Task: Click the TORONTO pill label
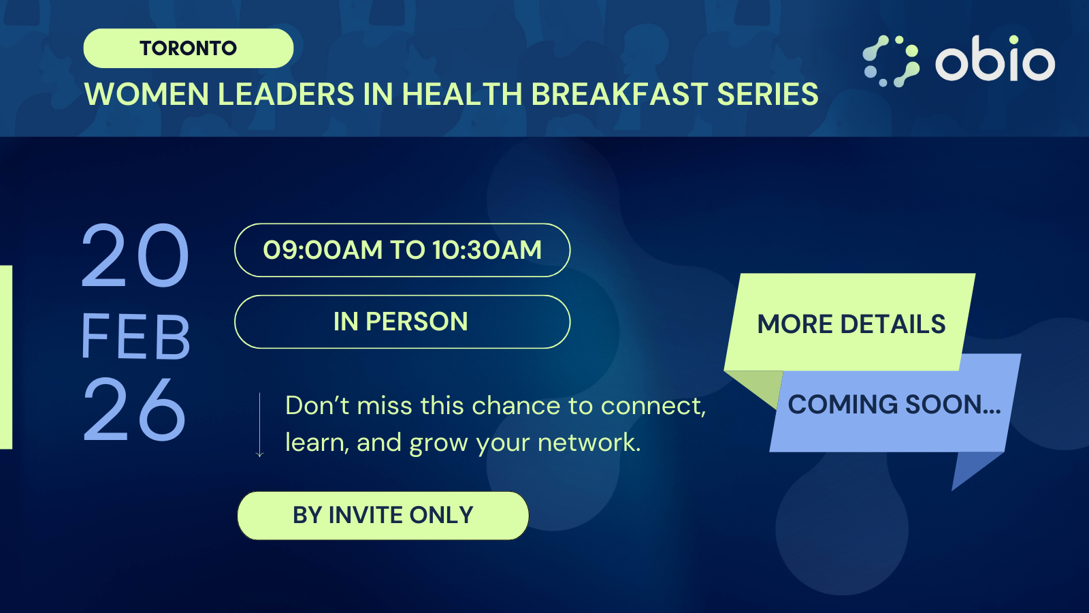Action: pos(188,48)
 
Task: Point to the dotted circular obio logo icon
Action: pos(890,61)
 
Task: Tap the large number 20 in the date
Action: pos(135,256)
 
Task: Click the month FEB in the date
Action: pos(135,336)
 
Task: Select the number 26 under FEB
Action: pos(134,410)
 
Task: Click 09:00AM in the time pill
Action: pos(323,250)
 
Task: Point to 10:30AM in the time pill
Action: pos(487,250)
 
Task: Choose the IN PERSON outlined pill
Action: pos(402,321)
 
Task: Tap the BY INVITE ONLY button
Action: pos(383,516)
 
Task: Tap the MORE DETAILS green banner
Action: pos(851,324)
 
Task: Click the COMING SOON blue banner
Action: pos(894,405)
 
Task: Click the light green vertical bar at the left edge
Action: pos(5,357)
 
